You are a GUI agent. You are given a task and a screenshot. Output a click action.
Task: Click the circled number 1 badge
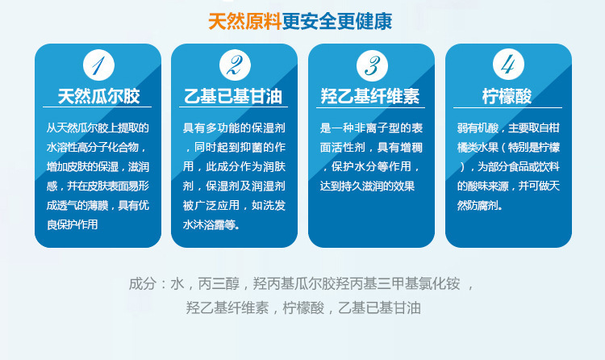pyautogui.click(x=98, y=65)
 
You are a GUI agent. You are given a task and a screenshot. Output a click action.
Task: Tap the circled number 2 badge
pyautogui.click(x=235, y=65)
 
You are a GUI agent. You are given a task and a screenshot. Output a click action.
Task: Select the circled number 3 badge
pyautogui.click(x=372, y=65)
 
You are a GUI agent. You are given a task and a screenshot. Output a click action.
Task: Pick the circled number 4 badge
pyautogui.click(x=508, y=64)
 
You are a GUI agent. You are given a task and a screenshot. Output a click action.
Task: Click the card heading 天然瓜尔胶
pyautogui.click(x=98, y=96)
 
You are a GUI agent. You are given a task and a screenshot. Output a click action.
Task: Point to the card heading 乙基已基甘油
pyautogui.click(x=233, y=96)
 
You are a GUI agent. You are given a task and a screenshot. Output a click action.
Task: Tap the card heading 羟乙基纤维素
pyautogui.click(x=370, y=96)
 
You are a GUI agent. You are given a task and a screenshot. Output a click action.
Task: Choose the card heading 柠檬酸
pyautogui.click(x=507, y=96)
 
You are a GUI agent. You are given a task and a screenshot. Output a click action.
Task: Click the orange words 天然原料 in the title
pyautogui.click(x=244, y=21)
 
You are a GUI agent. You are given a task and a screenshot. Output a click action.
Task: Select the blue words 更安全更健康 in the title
pyautogui.click(x=337, y=21)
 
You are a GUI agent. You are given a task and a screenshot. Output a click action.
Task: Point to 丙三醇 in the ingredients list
pyautogui.click(x=219, y=284)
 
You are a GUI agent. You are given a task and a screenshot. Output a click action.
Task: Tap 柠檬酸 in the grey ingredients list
pyautogui.click(x=303, y=308)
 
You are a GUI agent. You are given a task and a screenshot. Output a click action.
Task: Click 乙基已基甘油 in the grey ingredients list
pyautogui.click(x=379, y=308)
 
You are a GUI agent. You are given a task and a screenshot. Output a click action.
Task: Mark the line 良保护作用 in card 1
pyautogui.click(x=72, y=224)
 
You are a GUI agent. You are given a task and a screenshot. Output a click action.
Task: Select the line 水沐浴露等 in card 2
pyautogui.click(x=211, y=224)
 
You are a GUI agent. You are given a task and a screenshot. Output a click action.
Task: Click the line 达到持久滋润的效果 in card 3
pyautogui.click(x=367, y=186)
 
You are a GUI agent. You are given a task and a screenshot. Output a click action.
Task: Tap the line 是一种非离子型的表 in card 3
pyautogui.click(x=371, y=128)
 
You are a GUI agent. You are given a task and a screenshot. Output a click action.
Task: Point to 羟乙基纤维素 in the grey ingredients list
pyautogui.click(x=227, y=308)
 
